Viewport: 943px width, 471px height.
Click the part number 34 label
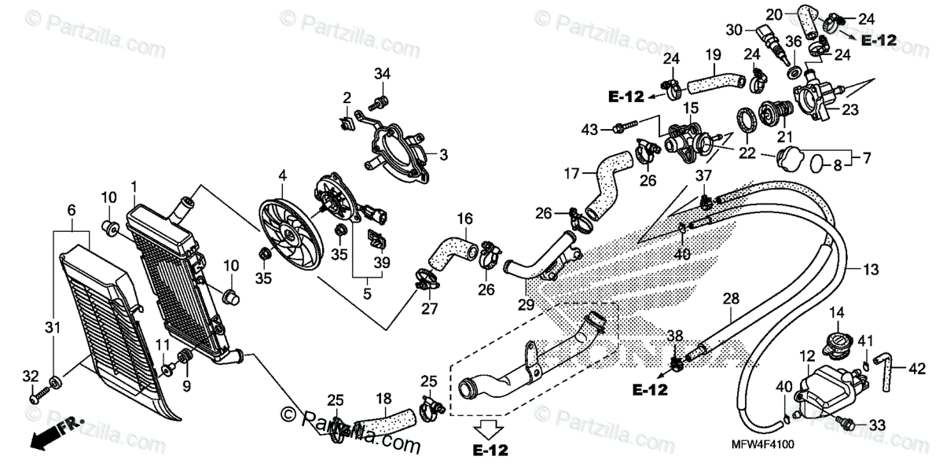click(381, 74)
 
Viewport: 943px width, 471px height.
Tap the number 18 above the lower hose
click(385, 399)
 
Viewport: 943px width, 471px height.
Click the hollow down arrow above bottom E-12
click(489, 428)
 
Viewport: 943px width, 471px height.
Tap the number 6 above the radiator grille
click(72, 210)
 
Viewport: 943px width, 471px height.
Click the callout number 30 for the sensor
click(734, 29)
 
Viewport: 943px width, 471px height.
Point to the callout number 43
click(590, 128)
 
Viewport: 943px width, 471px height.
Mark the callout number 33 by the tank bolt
click(877, 425)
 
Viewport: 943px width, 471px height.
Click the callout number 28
click(731, 298)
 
